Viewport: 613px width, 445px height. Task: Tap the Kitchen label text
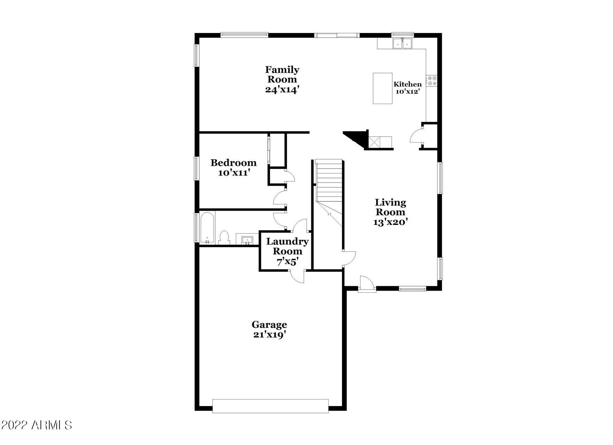pos(408,84)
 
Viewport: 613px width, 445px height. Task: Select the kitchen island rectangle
pos(382,88)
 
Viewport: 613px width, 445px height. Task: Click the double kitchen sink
pos(402,43)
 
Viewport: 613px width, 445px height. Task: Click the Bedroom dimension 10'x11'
pos(233,173)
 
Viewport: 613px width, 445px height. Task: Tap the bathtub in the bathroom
pos(207,228)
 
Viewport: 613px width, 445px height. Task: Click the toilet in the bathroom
pos(224,238)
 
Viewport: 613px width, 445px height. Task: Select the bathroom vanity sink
pos(247,240)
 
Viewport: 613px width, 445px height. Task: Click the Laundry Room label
pos(287,246)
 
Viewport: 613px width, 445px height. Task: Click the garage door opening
pos(270,406)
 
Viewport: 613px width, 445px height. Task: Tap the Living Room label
pos(390,207)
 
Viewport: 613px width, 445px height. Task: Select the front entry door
pos(367,284)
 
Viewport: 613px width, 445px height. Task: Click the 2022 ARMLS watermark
pos(36,425)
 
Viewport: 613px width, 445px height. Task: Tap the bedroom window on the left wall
pos(197,168)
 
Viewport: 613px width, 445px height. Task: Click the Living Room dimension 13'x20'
pos(390,222)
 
